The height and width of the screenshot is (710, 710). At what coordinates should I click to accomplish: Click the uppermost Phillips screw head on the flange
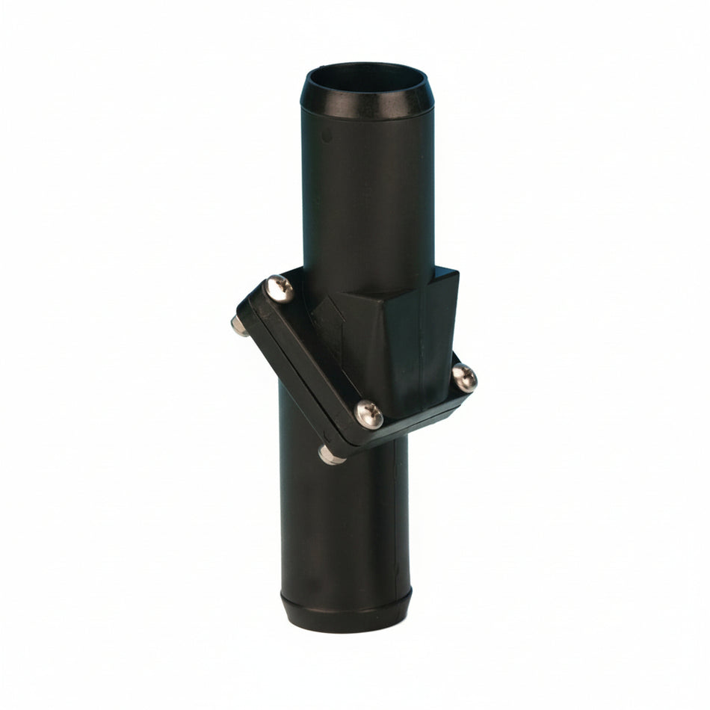(x=280, y=288)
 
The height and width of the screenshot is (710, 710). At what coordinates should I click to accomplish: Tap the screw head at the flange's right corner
(x=464, y=377)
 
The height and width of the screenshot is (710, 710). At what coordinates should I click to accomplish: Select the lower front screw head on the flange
(x=368, y=413)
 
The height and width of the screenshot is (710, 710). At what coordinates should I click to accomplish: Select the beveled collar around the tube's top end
(x=366, y=105)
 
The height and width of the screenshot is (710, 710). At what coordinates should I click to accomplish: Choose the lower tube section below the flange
(x=344, y=523)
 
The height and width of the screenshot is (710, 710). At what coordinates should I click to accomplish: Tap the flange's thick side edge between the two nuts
(x=284, y=389)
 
